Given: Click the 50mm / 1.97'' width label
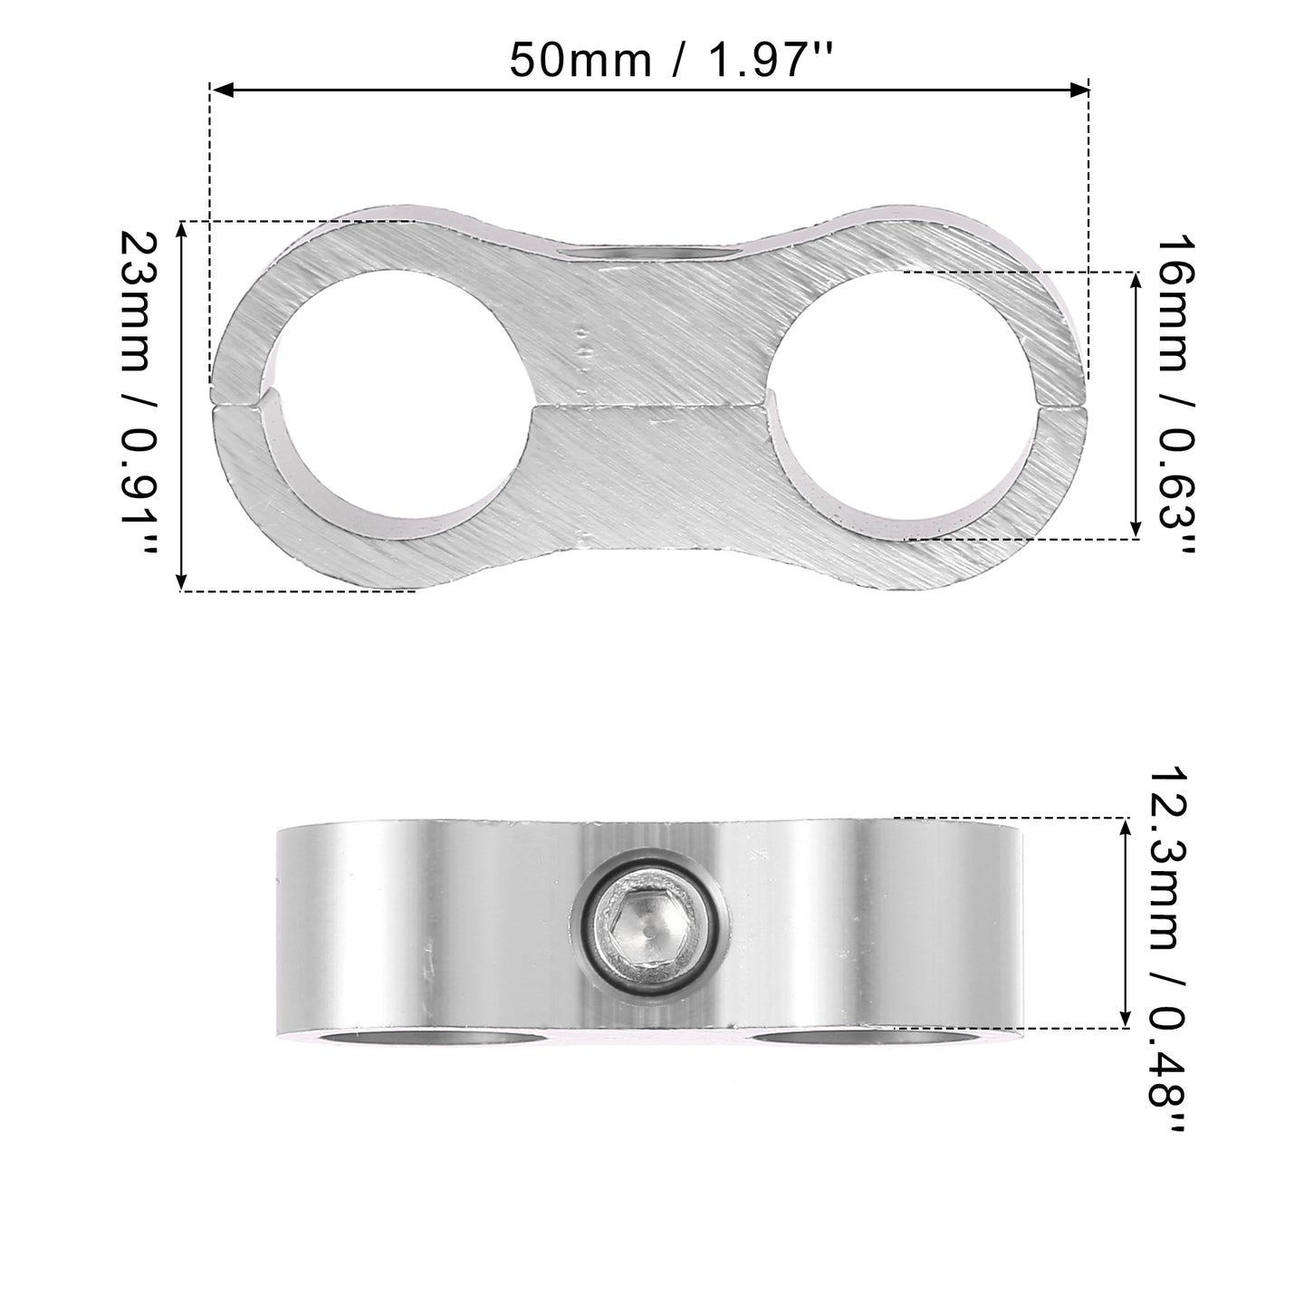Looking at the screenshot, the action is pos(671,61).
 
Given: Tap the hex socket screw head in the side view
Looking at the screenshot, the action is pos(648,935).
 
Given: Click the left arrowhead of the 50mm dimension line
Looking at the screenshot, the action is pos(224,90).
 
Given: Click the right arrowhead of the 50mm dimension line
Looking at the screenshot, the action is pos(1078,90).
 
